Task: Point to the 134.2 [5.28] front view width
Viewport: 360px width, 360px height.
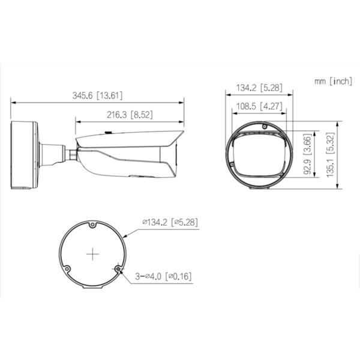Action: point(259,88)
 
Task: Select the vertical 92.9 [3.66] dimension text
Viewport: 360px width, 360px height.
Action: point(307,155)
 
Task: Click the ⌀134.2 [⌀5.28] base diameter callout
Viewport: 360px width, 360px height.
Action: point(170,222)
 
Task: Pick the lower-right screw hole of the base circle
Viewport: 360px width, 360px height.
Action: point(118,269)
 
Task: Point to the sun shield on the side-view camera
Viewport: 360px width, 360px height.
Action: point(129,138)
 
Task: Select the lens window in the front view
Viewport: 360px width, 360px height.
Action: point(259,158)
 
